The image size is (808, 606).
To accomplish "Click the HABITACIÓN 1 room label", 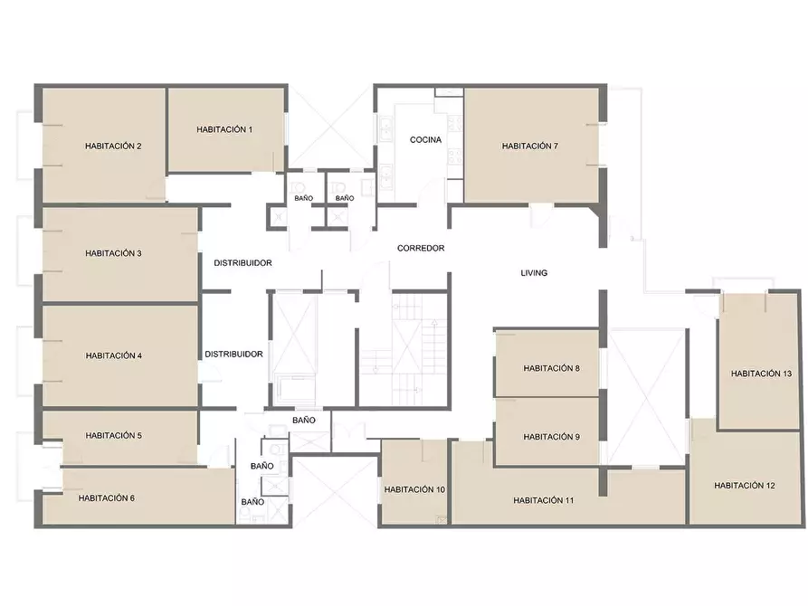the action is coord(224,130).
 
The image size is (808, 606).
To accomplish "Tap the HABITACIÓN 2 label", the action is coord(113,147).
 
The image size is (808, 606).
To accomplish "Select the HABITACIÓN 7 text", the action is coord(530,147).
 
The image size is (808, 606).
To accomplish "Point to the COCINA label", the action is coord(425,139).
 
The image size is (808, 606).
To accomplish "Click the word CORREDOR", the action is coord(421,249).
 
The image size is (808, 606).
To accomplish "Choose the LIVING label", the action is coord(534,273).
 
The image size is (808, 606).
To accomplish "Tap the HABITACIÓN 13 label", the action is coord(761,374).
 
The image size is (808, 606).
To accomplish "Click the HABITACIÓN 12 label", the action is coord(745,486).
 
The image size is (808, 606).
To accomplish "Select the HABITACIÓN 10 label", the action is coord(414,489).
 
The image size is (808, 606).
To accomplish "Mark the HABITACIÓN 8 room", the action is coord(551,368).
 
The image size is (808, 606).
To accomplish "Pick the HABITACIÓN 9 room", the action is coord(551,437).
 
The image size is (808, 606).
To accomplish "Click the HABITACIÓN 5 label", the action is coord(113,435).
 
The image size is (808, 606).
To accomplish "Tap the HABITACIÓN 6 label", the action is coord(107,498).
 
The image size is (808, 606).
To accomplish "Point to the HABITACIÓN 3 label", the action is coord(113,253).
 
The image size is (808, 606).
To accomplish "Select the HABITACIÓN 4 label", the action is coord(114,355).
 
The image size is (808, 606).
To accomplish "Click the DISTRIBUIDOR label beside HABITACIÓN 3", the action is coord(242,263).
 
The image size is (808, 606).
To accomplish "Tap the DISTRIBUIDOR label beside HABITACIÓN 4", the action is coord(234,355).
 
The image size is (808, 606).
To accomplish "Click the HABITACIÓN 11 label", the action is coord(544,500).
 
